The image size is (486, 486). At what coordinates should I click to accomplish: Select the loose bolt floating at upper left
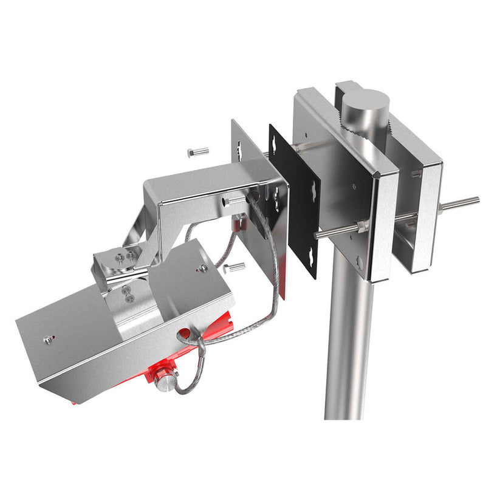198,151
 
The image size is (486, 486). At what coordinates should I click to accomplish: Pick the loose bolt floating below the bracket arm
233,267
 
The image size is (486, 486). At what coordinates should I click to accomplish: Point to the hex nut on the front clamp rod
362,227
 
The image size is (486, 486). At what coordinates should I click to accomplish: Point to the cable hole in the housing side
182,334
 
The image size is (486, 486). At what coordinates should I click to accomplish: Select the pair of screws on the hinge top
125,258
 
